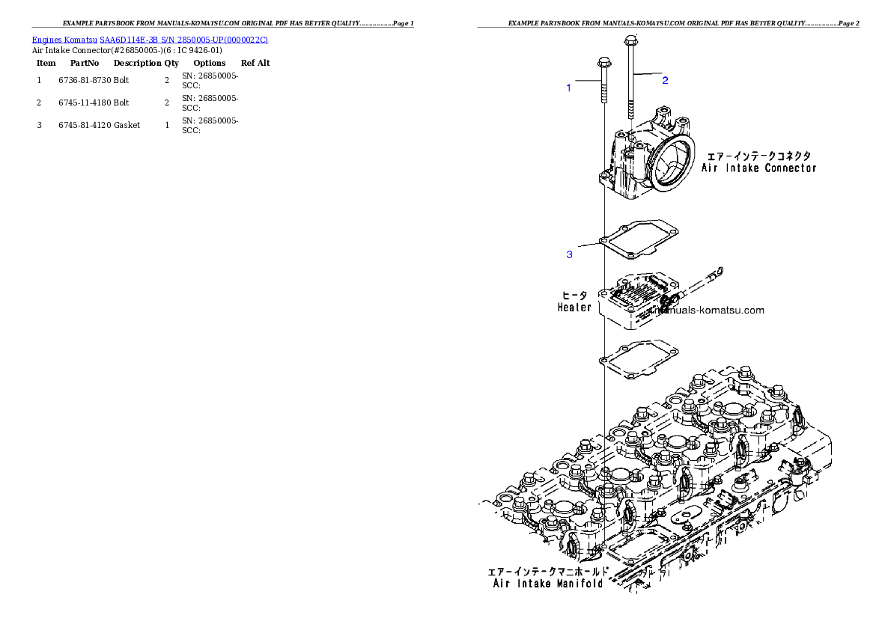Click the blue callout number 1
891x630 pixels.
coord(568,88)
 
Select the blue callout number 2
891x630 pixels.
coord(664,80)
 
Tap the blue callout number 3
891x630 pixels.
coord(569,255)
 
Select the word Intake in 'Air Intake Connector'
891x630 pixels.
coord(741,168)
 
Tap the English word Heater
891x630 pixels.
coord(574,308)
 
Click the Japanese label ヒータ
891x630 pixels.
coord(574,296)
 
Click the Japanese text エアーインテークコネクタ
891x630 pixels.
coord(759,156)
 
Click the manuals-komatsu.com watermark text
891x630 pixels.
coord(711,311)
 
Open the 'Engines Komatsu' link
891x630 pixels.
coord(65,39)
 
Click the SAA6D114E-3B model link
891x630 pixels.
coord(129,39)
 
